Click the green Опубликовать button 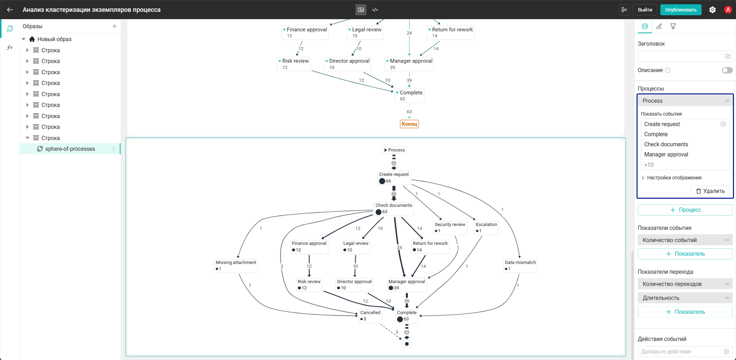tap(681, 10)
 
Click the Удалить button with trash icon tap(710, 191)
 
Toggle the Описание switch tap(727, 70)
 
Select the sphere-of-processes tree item tap(70, 149)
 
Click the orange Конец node tap(409, 124)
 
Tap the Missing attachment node tap(236, 265)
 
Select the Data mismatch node tap(520, 265)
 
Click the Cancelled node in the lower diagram tap(370, 316)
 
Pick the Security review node tap(450, 227)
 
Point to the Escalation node tap(486, 227)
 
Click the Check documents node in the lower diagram tap(393, 209)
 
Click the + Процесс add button tap(685, 210)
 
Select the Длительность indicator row tap(685, 298)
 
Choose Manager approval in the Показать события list tap(666, 155)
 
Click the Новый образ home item tap(54, 39)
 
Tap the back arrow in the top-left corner tap(10, 10)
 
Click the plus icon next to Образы tap(114, 26)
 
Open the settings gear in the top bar tap(712, 10)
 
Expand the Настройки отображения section tap(674, 178)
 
